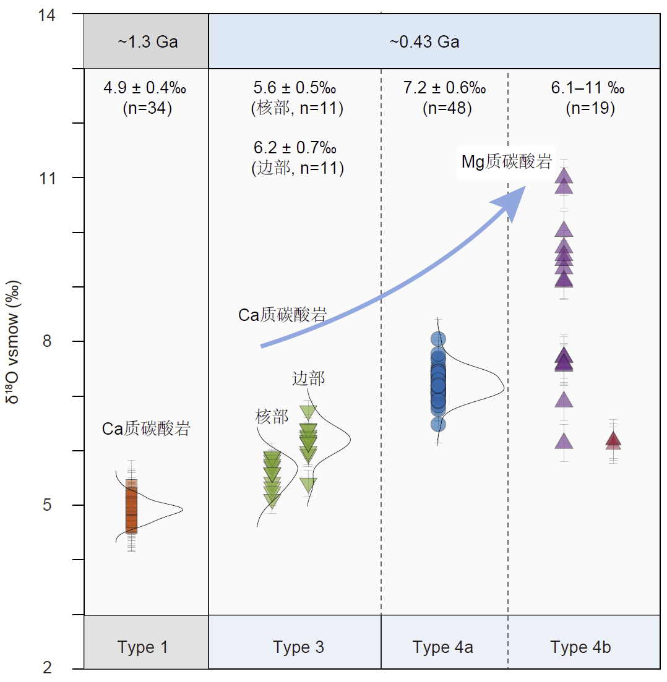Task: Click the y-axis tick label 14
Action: point(47,15)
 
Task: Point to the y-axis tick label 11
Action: point(48,179)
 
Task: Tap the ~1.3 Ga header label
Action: point(147,42)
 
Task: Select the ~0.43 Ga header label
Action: point(424,42)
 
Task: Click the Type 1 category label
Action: point(143,647)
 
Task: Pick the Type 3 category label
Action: point(298,647)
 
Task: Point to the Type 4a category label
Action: point(443,647)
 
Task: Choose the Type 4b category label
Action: point(581,647)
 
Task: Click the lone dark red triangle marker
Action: point(613,440)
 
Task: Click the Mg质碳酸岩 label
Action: point(506,163)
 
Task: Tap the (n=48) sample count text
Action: point(447,109)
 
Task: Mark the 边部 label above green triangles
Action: point(308,378)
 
